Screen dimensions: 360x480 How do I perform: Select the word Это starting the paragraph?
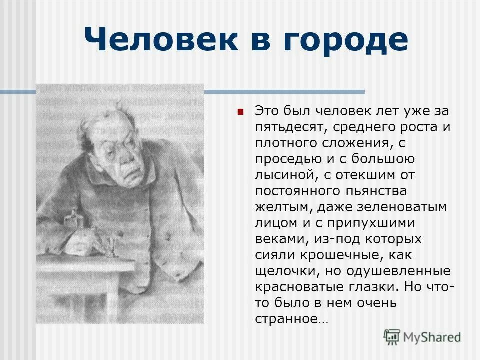pos(268,111)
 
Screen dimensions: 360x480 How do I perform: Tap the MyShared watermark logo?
pos(422,336)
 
